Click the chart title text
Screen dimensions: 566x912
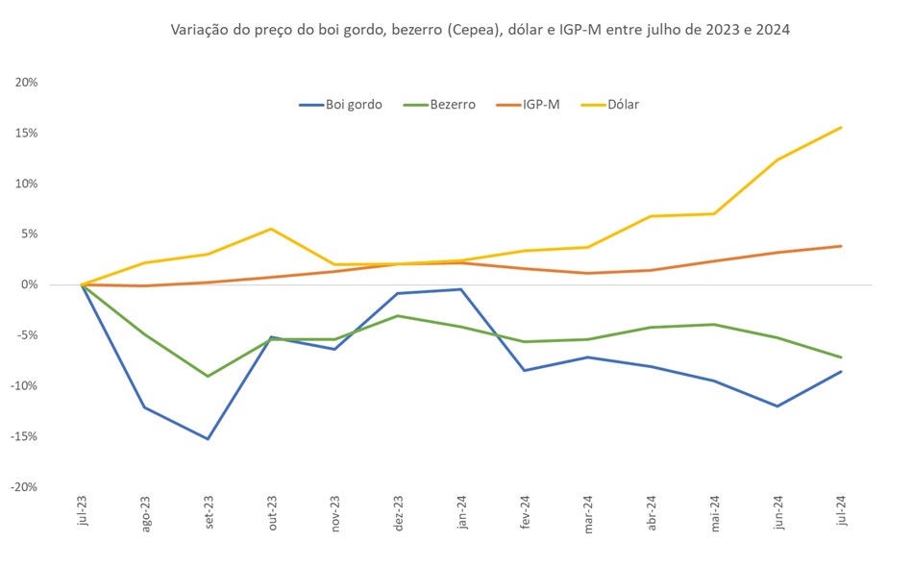pos(480,30)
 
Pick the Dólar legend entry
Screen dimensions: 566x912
pos(622,104)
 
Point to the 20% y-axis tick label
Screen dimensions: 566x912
pos(26,83)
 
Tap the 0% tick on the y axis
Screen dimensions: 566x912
pos(29,284)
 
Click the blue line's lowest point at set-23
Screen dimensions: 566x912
pos(208,439)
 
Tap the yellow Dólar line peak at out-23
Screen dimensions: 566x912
pos(271,229)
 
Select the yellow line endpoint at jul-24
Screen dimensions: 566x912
pos(841,128)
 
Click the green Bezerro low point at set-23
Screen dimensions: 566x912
pos(208,376)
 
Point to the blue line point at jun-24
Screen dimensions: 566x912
pos(777,406)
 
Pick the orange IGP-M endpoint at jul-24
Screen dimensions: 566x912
pos(841,246)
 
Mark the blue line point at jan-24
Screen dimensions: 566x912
pos(461,289)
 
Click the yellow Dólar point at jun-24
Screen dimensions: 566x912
pos(777,160)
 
